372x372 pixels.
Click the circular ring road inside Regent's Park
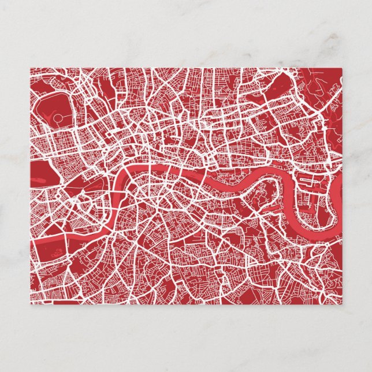point(58,118)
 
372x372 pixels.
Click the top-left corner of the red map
point(31,68)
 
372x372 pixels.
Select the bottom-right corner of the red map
point(342,304)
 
